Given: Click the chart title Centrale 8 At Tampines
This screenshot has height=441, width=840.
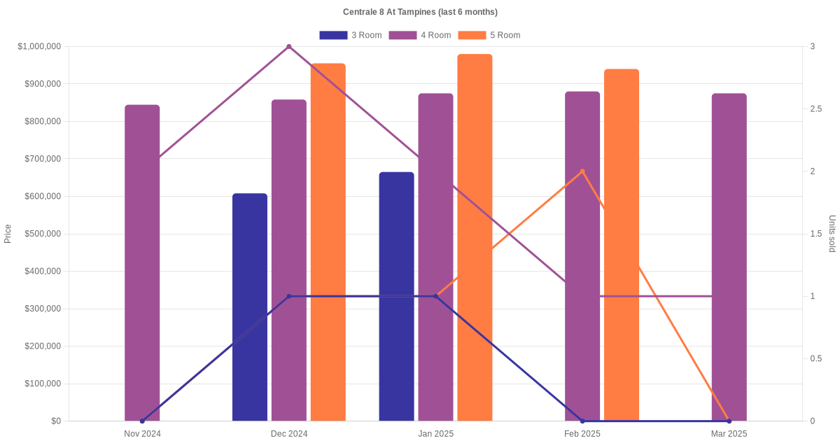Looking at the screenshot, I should click(x=420, y=12).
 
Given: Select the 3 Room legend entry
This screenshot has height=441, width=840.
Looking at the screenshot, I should click(x=350, y=35).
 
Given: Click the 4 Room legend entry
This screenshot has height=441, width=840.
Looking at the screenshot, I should click(x=420, y=35).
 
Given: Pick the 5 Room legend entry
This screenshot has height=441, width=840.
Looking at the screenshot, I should click(x=489, y=35).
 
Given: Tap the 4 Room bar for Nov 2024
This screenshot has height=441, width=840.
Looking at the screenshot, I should click(x=142, y=262).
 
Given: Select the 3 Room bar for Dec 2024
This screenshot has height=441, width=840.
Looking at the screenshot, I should click(x=250, y=307).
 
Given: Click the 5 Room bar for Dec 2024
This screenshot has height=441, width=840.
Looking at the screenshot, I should click(x=328, y=242).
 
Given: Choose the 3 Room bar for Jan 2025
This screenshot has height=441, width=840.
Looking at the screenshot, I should click(x=397, y=297).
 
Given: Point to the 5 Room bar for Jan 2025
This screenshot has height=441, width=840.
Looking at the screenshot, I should click(x=475, y=238).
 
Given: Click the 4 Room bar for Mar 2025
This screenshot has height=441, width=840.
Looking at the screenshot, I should click(x=729, y=257).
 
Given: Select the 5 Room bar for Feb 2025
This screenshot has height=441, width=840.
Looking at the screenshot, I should click(x=622, y=245).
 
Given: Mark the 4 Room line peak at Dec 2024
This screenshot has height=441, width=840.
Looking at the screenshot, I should click(x=289, y=47).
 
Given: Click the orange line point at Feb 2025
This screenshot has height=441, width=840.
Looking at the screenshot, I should click(x=582, y=171).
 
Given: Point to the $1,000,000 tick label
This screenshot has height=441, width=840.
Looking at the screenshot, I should click(x=40, y=47).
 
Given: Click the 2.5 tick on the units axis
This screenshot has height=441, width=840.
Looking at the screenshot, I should click(x=816, y=109).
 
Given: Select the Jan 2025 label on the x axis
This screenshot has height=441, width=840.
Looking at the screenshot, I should click(x=435, y=434).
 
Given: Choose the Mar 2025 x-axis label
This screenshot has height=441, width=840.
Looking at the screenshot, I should click(x=729, y=434).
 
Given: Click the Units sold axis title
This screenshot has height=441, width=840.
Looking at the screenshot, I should click(x=832, y=234).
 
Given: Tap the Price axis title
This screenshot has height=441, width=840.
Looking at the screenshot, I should click(x=8, y=234).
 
